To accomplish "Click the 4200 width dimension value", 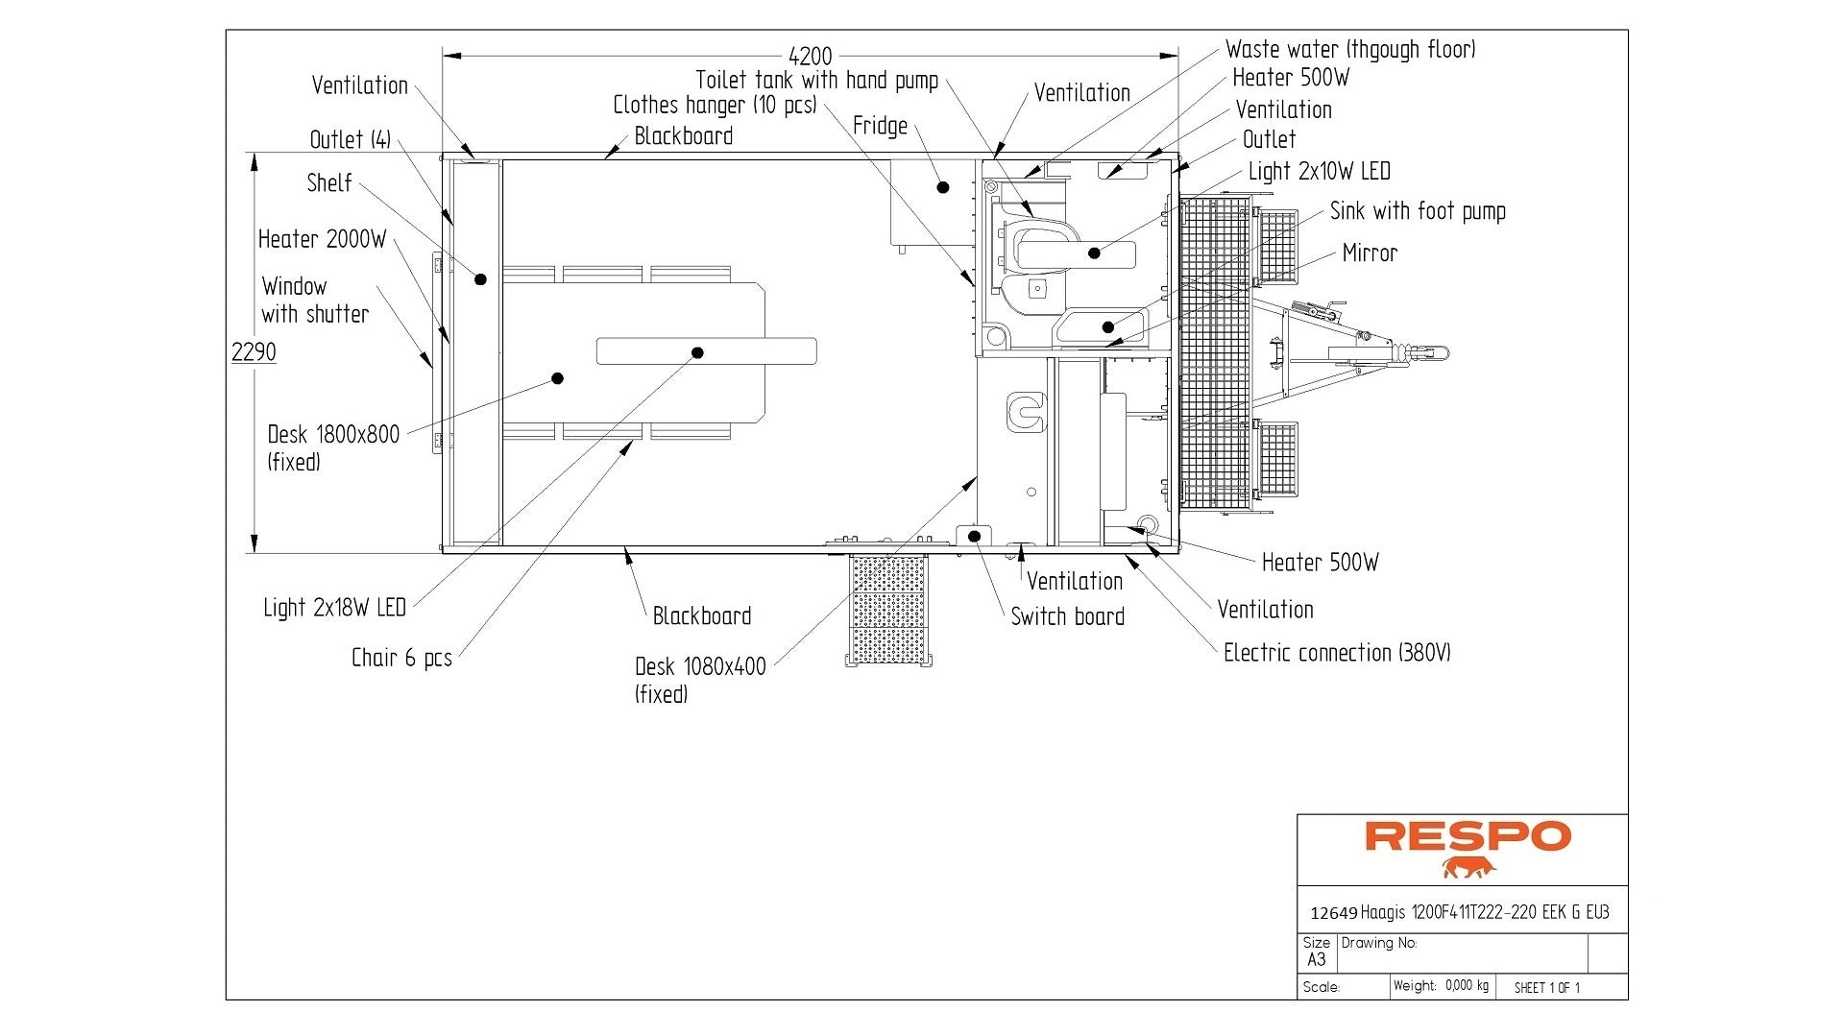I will pos(810,57).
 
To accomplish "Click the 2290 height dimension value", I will pos(254,352).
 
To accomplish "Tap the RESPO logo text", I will pos(1468,836).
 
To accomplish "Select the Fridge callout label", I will pos(880,126).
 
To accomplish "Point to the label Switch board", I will pos(1067,617).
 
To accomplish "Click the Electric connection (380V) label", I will pos(1336,653).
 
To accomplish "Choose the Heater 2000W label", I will pos(322,239).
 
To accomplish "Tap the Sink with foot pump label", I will pos(1418,211).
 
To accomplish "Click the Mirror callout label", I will pos(1370,253).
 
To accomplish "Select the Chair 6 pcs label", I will pos(401,658).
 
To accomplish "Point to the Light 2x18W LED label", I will pos(334,608).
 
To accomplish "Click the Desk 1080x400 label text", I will pos(700,667).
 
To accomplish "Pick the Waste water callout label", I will pos(1350,50).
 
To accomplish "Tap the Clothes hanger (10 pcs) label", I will pos(715,105).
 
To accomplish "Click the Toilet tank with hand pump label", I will pos(816,81).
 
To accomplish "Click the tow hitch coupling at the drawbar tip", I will pos(1430,353).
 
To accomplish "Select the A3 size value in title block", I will pos(1316,959).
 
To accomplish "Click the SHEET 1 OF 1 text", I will pos(1546,987).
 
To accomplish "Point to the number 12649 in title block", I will pos(1333,913).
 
